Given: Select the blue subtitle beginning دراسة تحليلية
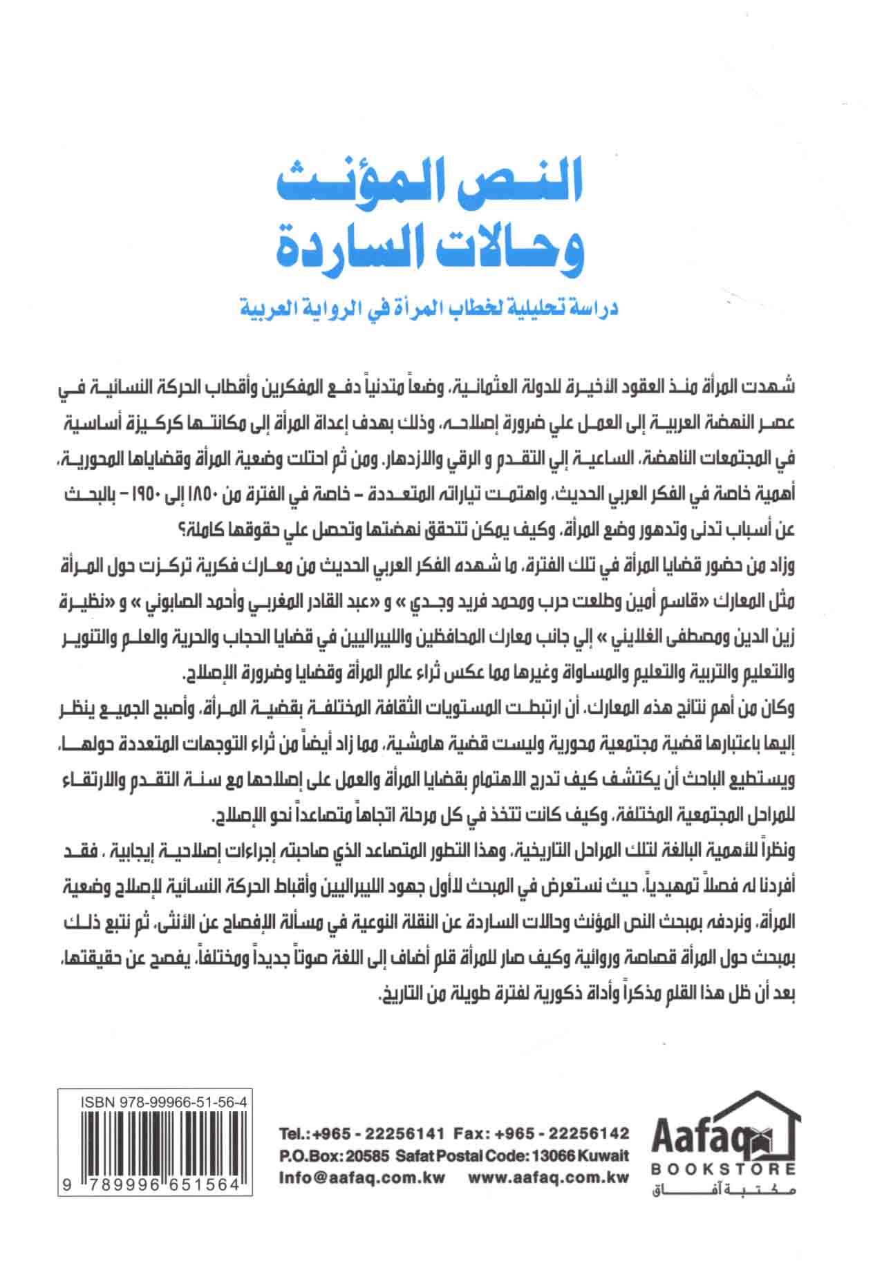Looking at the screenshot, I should pos(429,306).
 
